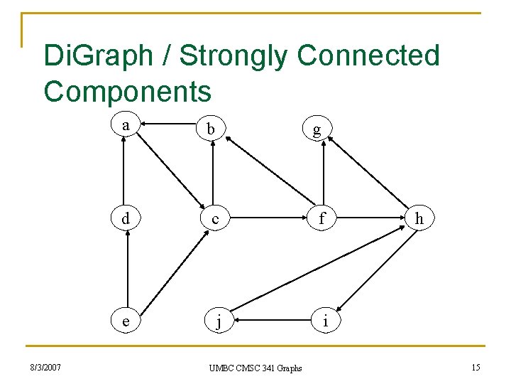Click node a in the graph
(126, 125)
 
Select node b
(211, 129)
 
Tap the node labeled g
(316, 129)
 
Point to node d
(126, 218)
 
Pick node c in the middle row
(214, 220)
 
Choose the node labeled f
(322, 219)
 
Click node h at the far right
(419, 218)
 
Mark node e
(126, 321)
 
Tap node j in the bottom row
(219, 323)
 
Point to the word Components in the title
(128, 91)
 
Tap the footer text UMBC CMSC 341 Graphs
(255, 368)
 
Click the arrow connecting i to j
(273, 321)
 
